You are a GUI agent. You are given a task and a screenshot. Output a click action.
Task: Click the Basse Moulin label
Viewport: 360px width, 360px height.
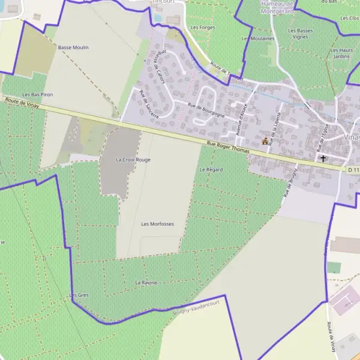click(73, 47)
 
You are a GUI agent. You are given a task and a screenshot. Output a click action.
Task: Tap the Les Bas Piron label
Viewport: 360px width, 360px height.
click(38, 95)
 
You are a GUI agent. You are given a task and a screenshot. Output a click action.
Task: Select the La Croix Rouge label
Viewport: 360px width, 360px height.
click(133, 160)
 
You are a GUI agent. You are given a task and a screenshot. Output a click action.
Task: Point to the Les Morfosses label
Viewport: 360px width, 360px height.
click(157, 224)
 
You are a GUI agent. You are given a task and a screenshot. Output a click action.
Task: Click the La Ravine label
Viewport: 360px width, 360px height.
click(145, 282)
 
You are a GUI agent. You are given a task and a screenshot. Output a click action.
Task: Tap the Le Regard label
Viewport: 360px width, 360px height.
click(211, 170)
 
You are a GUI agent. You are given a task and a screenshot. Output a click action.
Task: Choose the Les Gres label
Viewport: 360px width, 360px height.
click(79, 295)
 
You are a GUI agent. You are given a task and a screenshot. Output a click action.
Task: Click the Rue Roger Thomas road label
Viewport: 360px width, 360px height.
click(227, 148)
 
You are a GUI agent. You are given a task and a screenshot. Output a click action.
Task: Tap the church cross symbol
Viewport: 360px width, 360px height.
click(323, 159)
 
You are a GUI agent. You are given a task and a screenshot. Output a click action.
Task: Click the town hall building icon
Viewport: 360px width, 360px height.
click(265, 141)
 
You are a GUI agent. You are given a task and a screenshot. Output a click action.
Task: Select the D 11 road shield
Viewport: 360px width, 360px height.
click(353, 170)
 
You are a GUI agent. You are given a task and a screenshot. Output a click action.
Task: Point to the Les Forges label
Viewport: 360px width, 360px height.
click(202, 28)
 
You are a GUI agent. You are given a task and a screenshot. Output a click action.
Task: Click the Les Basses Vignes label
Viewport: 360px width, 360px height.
click(300, 34)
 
